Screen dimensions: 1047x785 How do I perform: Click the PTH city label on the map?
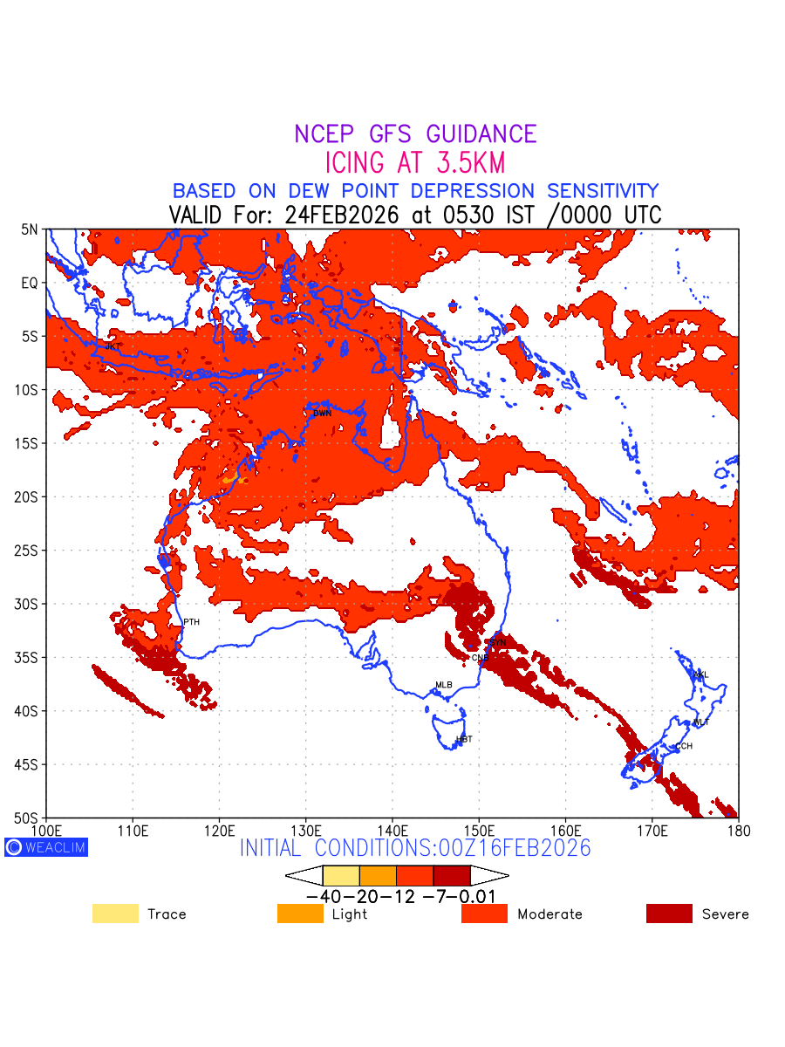click(191, 622)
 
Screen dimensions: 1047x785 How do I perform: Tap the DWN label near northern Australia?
click(322, 413)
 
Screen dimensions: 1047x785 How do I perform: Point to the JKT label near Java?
click(113, 346)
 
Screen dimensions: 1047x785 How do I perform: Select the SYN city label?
click(497, 642)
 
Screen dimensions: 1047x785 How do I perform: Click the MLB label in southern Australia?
click(444, 685)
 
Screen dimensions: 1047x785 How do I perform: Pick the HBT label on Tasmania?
click(464, 739)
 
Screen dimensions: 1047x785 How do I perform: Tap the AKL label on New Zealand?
click(700, 674)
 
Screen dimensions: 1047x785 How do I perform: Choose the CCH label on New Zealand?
click(683, 746)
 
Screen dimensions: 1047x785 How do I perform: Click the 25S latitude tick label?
click(30, 551)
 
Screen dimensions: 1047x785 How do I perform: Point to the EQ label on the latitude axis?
click(31, 284)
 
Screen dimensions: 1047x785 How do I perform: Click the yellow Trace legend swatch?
click(115, 914)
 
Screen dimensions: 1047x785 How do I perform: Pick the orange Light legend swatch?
click(300, 914)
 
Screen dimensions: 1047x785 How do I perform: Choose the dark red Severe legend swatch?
click(669, 914)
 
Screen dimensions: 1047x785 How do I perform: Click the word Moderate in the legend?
click(549, 914)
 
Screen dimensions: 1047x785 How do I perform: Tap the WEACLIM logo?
click(46, 846)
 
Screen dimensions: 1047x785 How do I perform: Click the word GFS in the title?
click(392, 134)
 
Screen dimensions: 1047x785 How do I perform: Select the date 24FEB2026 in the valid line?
click(343, 215)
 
